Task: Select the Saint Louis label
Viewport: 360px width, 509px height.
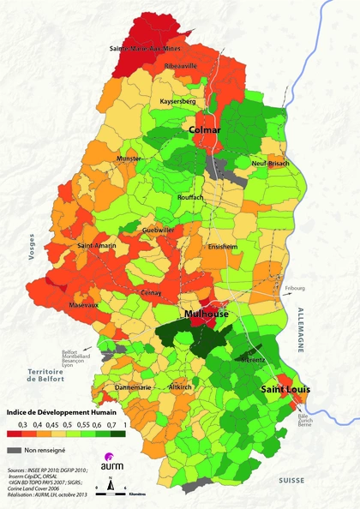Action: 285,389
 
